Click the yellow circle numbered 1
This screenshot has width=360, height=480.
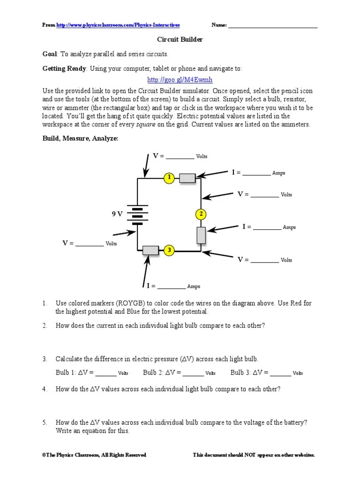click(169, 178)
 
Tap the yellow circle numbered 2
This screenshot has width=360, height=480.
click(201, 214)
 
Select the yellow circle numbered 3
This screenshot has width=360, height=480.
click(169, 250)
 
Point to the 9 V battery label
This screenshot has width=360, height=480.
click(117, 214)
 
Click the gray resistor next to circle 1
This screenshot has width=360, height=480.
click(187, 178)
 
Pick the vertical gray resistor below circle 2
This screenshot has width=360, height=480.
click(201, 235)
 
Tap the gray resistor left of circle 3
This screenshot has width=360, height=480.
click(150, 250)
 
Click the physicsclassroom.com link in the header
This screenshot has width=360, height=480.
click(118, 25)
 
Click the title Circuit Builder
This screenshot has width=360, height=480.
click(180, 40)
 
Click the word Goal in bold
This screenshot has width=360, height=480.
click(50, 54)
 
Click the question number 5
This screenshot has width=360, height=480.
click(45, 422)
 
